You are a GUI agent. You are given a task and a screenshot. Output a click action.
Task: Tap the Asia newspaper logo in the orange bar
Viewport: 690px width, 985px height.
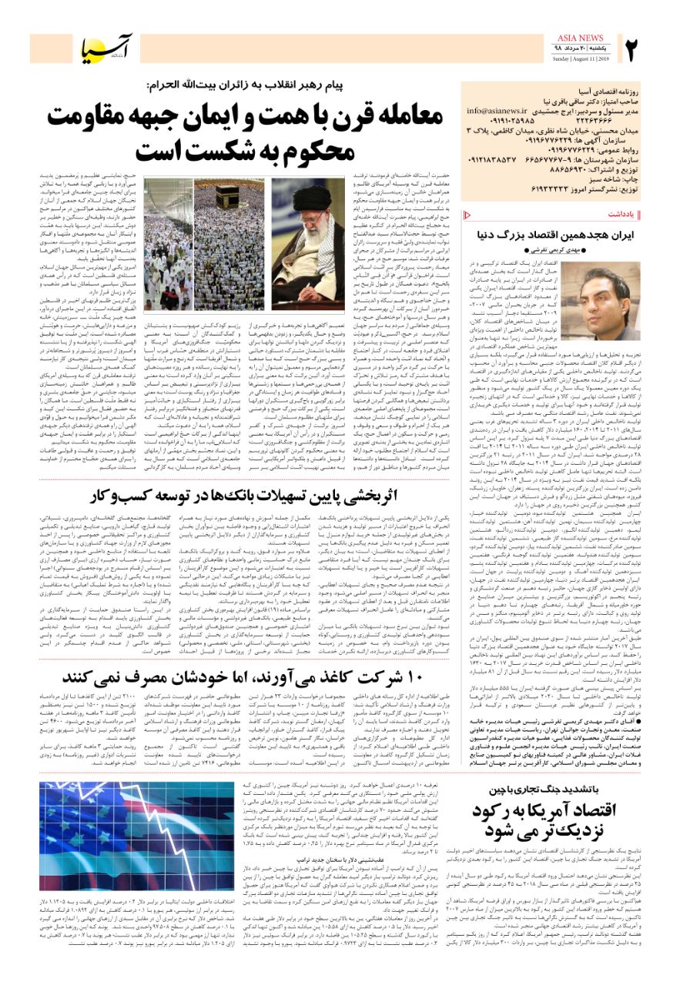pyautogui.click(x=107, y=48)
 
